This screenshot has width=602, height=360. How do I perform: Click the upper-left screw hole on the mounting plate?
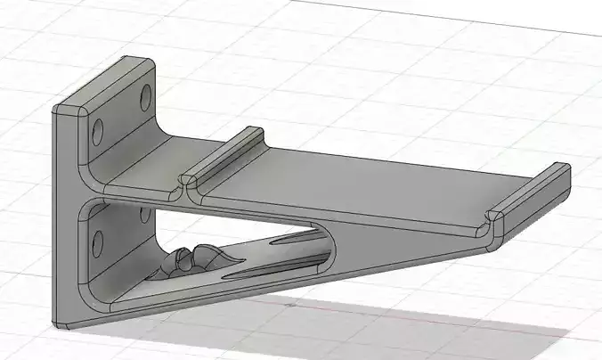pos(97,127)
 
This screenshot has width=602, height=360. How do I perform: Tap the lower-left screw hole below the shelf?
pos(97,240)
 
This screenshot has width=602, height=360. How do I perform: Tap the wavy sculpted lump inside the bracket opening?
pos(194,260)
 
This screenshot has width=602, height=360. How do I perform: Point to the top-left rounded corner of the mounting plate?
pos(61,110)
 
